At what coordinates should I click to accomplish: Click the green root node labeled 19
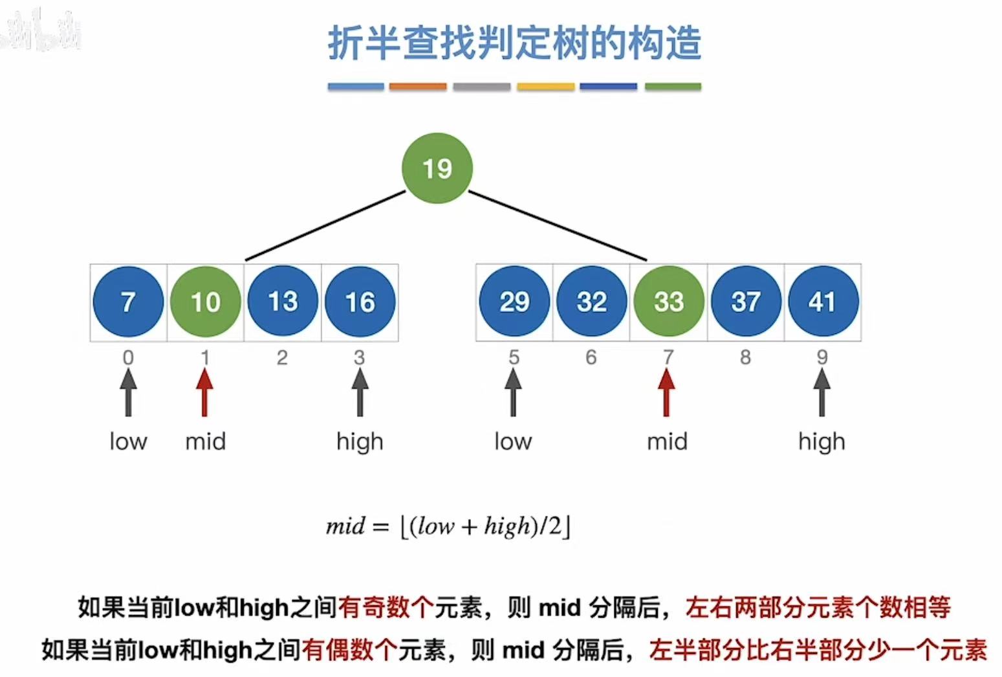tap(437, 168)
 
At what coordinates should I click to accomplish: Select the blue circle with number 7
tap(128, 302)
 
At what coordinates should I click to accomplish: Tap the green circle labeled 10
tap(205, 302)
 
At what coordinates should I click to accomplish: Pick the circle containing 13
tap(283, 302)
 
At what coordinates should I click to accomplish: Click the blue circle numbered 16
tap(360, 302)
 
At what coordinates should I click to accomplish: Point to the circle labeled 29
tap(514, 302)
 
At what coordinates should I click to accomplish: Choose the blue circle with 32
tap(591, 302)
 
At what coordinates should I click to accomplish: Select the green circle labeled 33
tap(668, 302)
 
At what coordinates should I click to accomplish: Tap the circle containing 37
tap(745, 302)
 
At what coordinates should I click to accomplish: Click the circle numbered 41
tap(822, 302)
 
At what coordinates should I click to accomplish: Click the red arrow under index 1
tap(204, 392)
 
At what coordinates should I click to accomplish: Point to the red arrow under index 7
tap(666, 392)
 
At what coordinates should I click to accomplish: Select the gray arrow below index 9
tap(822, 392)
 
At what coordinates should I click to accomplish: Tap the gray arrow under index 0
tap(128, 392)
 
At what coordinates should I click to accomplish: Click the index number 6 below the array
tap(591, 357)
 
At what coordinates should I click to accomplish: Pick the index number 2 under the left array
tap(282, 357)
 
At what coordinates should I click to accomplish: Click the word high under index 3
tap(360, 442)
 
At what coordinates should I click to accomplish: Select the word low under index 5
tap(513, 442)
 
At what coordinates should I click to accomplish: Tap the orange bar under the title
tap(418, 86)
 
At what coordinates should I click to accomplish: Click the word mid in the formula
tap(345, 526)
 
